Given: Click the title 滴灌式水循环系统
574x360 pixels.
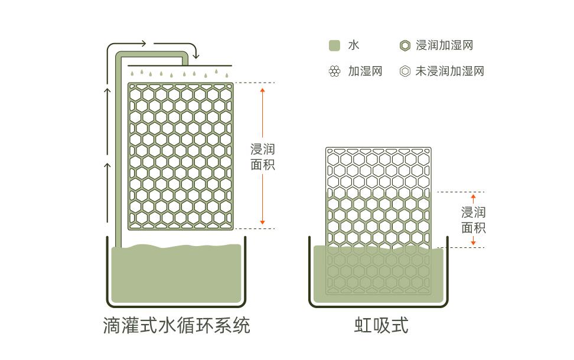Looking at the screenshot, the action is (x=177, y=325).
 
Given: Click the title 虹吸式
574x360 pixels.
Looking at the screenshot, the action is (x=381, y=325).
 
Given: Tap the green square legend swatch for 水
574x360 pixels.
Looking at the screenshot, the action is (x=334, y=45).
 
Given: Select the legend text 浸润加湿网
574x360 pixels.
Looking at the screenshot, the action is (x=444, y=45).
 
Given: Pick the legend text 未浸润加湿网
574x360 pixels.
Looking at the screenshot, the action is (x=449, y=71).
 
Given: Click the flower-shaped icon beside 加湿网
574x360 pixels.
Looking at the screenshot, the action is (x=334, y=71).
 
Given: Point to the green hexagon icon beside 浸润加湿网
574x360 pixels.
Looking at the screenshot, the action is (x=405, y=45).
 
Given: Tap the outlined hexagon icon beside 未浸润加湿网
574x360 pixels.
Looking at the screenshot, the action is (x=405, y=71).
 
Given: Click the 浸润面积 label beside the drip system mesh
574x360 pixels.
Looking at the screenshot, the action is (x=262, y=157).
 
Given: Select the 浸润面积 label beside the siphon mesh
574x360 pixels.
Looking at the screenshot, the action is (x=473, y=220).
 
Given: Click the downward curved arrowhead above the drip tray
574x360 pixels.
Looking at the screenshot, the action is (x=196, y=56).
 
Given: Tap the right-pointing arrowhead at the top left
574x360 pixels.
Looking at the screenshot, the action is (x=143, y=44).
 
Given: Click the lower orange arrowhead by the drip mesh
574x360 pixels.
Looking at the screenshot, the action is (x=262, y=222).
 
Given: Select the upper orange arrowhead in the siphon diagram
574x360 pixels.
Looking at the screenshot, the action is (x=473, y=197).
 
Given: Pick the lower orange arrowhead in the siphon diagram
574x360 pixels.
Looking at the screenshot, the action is (x=473, y=243).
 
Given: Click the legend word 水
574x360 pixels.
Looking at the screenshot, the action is (x=354, y=45).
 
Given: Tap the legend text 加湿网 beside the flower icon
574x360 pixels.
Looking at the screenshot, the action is (x=365, y=71).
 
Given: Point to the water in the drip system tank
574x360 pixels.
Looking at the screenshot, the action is (x=176, y=274).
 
